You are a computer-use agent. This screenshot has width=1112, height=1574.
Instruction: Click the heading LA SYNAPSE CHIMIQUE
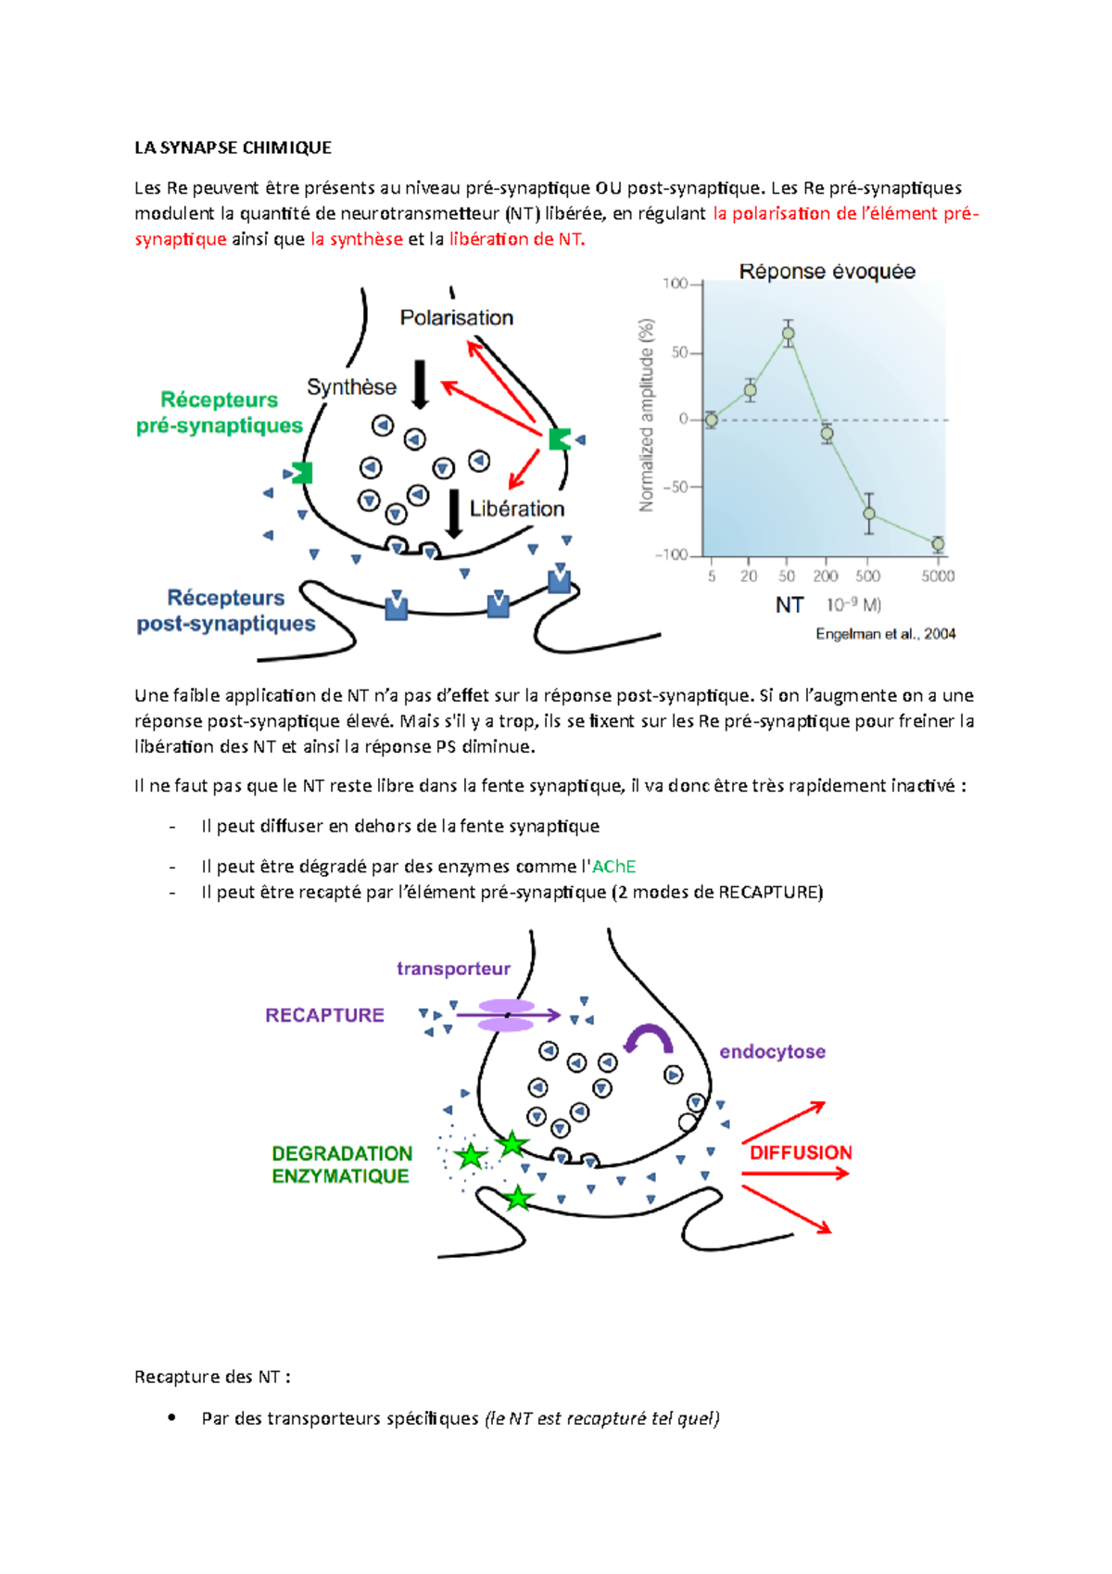pyautogui.click(x=233, y=147)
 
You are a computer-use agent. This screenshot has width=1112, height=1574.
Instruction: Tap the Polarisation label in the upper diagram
pyautogui.click(x=456, y=318)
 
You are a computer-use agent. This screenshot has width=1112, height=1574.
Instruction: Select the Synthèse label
pyautogui.click(x=351, y=387)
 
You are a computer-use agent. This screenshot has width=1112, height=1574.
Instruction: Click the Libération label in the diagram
pyautogui.click(x=516, y=509)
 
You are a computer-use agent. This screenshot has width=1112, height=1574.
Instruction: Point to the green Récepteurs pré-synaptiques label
pyautogui.click(x=220, y=413)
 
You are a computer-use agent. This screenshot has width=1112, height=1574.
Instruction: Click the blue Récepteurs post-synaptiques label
pyautogui.click(x=226, y=611)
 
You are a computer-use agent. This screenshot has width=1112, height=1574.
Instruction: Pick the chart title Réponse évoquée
pyautogui.click(x=827, y=272)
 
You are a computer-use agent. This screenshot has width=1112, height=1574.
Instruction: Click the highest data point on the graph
pyautogui.click(x=788, y=334)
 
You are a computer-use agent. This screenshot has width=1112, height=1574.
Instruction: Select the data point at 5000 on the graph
pyautogui.click(x=938, y=544)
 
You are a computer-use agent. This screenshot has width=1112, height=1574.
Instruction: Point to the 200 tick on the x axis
pyautogui.click(x=826, y=576)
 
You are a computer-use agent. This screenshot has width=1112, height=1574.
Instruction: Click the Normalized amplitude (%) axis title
pyautogui.click(x=647, y=415)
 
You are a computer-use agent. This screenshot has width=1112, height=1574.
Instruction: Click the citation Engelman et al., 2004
pyautogui.click(x=885, y=634)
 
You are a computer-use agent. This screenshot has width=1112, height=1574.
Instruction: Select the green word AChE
pyautogui.click(x=613, y=867)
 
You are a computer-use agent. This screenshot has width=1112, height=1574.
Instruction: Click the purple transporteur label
pyautogui.click(x=453, y=969)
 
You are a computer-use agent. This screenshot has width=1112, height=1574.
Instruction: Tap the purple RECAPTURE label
pyautogui.click(x=324, y=1015)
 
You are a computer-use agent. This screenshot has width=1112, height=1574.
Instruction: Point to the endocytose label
pyautogui.click(x=772, y=1052)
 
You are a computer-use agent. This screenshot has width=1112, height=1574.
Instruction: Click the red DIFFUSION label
pyautogui.click(x=801, y=1152)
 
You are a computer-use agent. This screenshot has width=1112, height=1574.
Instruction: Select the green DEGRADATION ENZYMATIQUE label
pyautogui.click(x=341, y=1164)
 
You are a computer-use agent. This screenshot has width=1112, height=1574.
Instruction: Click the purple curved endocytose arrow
pyautogui.click(x=648, y=1037)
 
